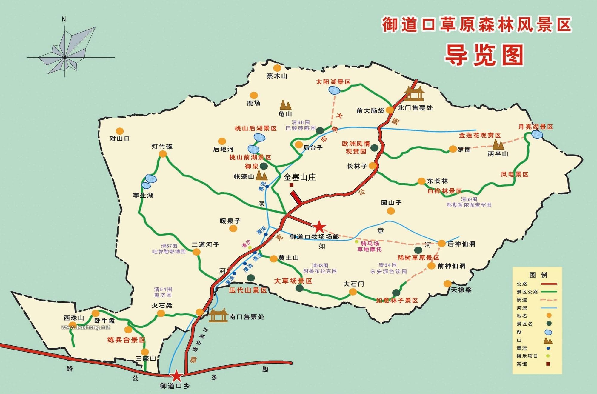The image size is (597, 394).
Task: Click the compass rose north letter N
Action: coord(64,19)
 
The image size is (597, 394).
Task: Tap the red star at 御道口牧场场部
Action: coord(319,227)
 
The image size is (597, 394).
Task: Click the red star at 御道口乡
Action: coord(176,376)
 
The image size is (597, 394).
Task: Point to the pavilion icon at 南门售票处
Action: coord(218,316)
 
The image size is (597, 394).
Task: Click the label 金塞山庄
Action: coord(300,177)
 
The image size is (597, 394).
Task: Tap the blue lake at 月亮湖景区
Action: coord(537,135)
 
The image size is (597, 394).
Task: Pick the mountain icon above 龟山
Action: coord(285,105)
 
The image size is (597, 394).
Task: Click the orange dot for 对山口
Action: coord(120,131)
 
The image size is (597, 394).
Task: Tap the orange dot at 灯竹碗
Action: coord(163,154)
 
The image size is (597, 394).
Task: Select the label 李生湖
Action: coord(143,196)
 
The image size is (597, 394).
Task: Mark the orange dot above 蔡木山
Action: coord(277,68)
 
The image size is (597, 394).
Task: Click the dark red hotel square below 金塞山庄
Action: coord(292,185)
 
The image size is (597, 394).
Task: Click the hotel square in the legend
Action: coord(548,364)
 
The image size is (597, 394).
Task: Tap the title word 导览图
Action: coord(484,55)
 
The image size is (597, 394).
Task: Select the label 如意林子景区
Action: coord(397,300)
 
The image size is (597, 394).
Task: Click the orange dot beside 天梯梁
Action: coord(447,283)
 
